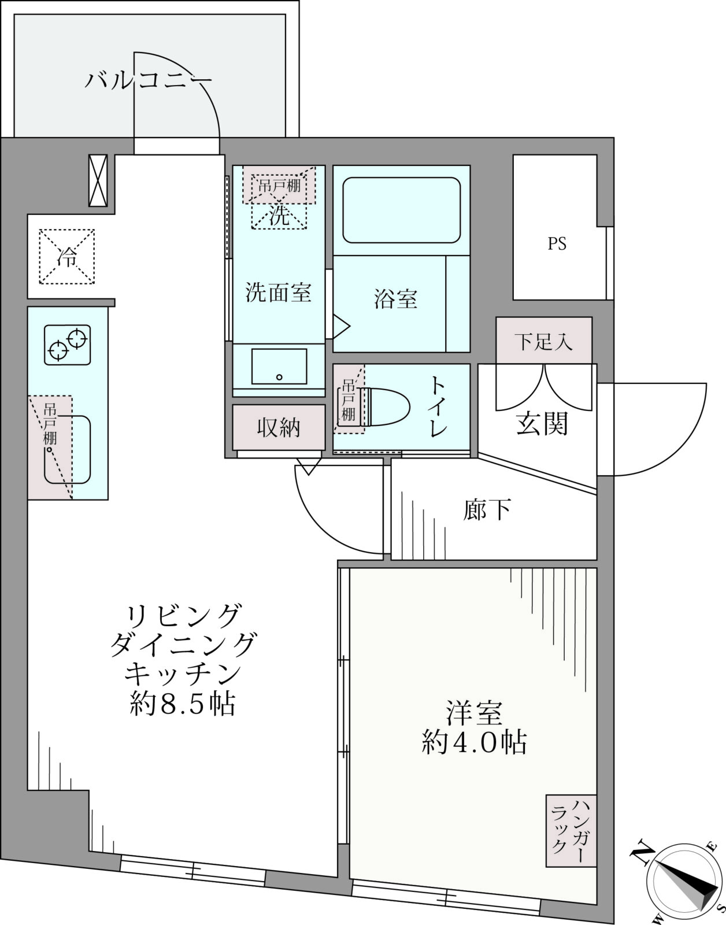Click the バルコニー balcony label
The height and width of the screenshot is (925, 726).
(x=147, y=80)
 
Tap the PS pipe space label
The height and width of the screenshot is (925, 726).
(x=557, y=244)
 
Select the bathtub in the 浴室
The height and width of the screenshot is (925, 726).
(x=401, y=210)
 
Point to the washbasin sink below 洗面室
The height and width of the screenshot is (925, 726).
(x=279, y=367)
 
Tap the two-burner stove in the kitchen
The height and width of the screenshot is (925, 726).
(x=67, y=345)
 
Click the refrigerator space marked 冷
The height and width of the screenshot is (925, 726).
(x=67, y=257)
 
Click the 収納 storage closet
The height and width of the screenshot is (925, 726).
(x=279, y=427)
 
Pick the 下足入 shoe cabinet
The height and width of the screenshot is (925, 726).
(x=544, y=340)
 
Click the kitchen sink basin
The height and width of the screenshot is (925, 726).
(x=68, y=450)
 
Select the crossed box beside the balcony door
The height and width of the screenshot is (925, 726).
(x=98, y=180)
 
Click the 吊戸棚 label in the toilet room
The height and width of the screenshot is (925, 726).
(x=349, y=400)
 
